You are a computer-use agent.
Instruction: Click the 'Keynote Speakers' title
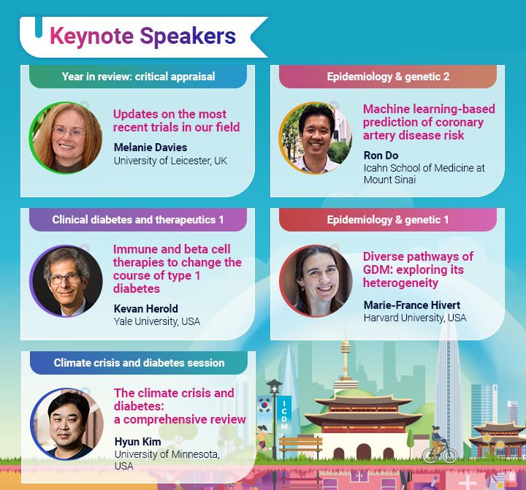pyautogui.click(x=142, y=35)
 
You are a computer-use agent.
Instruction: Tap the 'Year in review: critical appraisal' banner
pyautogui.click(x=138, y=77)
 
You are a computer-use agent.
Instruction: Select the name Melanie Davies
pyautogui.click(x=150, y=147)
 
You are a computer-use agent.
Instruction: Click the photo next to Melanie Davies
pyautogui.click(x=65, y=138)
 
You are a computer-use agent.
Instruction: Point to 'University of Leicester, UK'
pyautogui.click(x=170, y=161)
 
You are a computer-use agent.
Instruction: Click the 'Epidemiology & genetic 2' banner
pyautogui.click(x=388, y=77)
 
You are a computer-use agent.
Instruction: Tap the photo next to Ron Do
pyautogui.click(x=316, y=138)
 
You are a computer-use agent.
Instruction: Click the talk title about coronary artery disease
pyautogui.click(x=429, y=122)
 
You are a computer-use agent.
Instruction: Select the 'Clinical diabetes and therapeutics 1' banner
pyautogui.click(x=138, y=219)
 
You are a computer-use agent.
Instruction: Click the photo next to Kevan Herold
pyautogui.click(x=65, y=281)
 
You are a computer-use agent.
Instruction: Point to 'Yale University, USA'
pyautogui.click(x=156, y=321)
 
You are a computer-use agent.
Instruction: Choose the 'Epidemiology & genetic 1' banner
pyautogui.click(x=388, y=219)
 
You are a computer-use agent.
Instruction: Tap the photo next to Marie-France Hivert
pyautogui.click(x=316, y=281)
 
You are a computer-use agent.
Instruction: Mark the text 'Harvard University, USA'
pyautogui.click(x=415, y=318)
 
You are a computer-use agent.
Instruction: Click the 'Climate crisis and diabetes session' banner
pyautogui.click(x=139, y=363)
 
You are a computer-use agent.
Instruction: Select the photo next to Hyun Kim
pyautogui.click(x=66, y=424)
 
